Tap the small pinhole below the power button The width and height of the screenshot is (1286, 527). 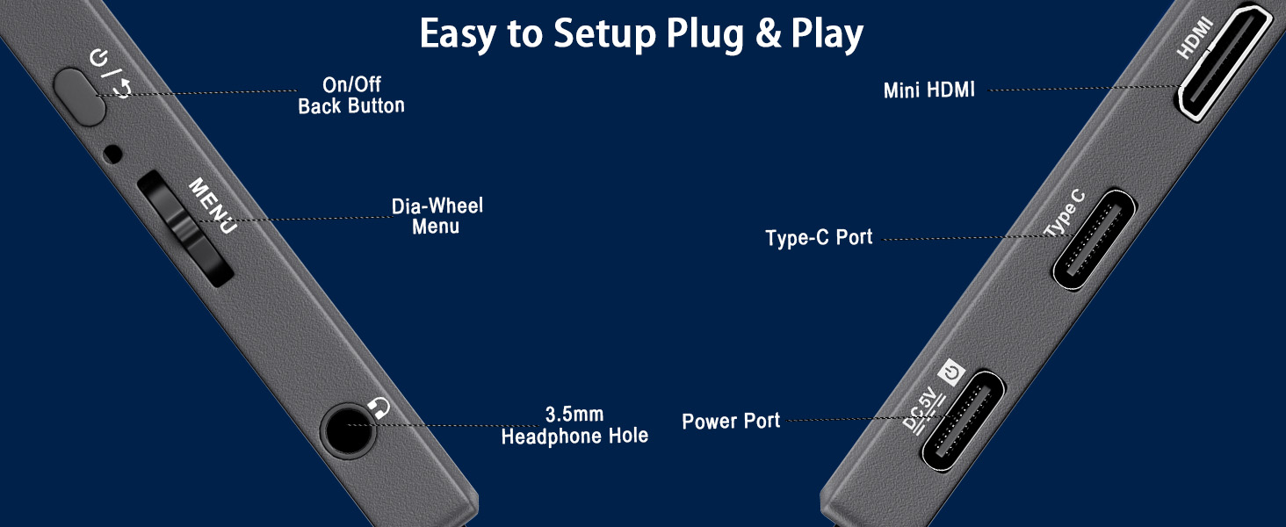point(112,154)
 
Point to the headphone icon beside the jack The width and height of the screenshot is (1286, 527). point(379,407)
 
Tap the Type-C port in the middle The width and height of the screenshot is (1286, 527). point(1095,240)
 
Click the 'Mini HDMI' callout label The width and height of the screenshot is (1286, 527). point(928,90)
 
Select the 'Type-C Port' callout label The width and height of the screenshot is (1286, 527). point(819,238)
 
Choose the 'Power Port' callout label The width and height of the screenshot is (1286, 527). point(731,421)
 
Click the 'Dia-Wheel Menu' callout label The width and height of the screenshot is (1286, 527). point(437,216)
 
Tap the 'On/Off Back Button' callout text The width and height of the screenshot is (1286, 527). point(351,96)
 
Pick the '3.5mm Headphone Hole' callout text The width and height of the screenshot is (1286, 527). point(574,425)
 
